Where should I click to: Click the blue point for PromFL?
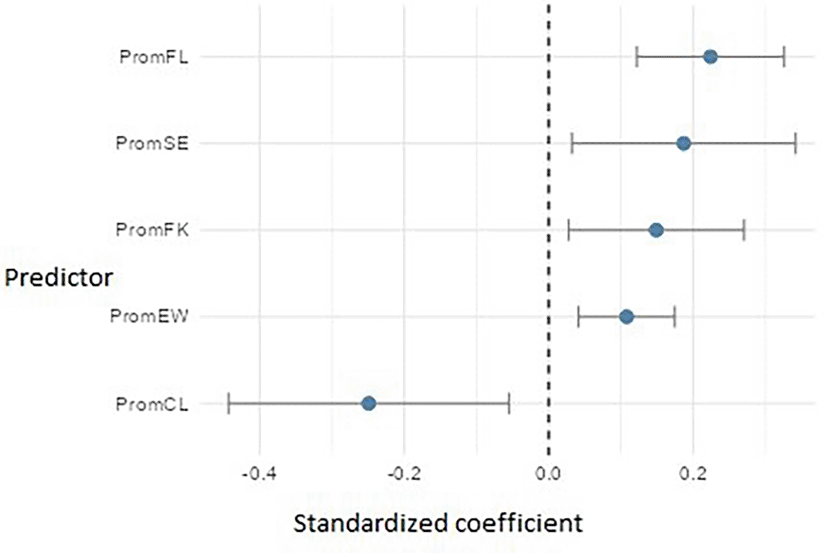pyautogui.click(x=710, y=57)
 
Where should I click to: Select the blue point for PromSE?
pyautogui.click(x=684, y=143)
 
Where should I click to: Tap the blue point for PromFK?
pyautogui.click(x=656, y=230)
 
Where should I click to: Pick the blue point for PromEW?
pyautogui.click(x=626, y=317)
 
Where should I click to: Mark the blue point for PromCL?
pyautogui.click(x=369, y=403)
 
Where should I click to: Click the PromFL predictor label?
pyautogui.click(x=154, y=57)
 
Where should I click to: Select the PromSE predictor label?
pyautogui.click(x=152, y=143)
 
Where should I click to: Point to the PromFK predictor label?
pyautogui.click(x=152, y=230)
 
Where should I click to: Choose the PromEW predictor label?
pyautogui.click(x=149, y=316)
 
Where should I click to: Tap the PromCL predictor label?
pyautogui.click(x=152, y=404)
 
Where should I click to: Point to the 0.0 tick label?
pyautogui.click(x=548, y=473)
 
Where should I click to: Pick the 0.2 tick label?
pyautogui.click(x=693, y=473)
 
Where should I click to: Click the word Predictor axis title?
pyautogui.click(x=58, y=277)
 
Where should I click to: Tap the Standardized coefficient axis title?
pyautogui.click(x=438, y=523)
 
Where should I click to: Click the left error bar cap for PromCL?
pyautogui.click(x=229, y=403)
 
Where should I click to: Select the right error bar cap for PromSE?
pyautogui.click(x=795, y=143)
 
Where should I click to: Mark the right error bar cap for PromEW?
pyautogui.click(x=674, y=317)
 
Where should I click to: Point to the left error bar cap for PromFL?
pyautogui.click(x=637, y=57)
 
